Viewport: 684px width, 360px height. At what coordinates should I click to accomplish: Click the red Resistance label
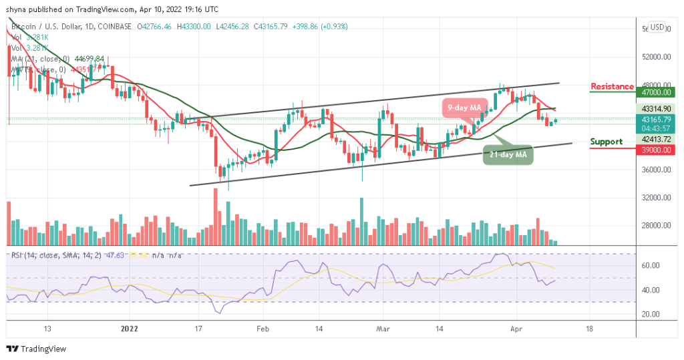click(612, 87)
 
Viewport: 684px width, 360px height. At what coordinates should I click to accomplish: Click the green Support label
click(607, 142)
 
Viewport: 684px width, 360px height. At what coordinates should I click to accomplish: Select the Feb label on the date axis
click(264, 329)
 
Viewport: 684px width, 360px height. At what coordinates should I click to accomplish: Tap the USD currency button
click(657, 27)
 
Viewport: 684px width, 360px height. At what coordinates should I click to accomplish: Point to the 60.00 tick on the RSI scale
click(651, 266)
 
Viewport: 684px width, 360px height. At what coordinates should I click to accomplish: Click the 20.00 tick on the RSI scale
click(651, 314)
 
